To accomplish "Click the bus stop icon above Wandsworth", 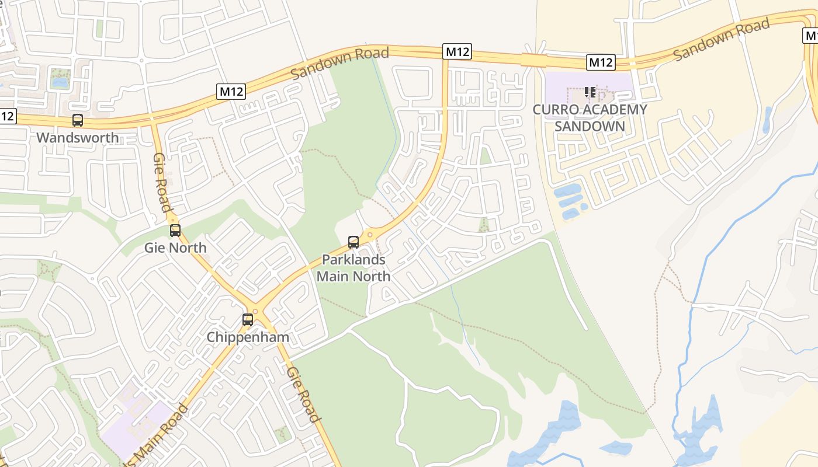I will point(77,120).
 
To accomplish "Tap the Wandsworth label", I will point(77,138).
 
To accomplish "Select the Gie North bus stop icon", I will point(175,231).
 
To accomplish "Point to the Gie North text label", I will point(175,248).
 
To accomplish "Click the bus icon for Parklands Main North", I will point(353,242).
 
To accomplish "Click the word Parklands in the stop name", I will point(353,259).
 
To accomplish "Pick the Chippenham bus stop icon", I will point(248,320).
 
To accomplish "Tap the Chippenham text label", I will point(248,337).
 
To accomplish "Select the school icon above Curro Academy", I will point(590,92).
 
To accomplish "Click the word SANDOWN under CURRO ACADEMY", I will point(590,126).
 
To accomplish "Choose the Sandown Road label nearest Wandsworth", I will point(339,63).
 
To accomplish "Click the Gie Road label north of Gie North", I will point(162,182).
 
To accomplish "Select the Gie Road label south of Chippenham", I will point(304,395).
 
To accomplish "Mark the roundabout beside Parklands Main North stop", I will point(370,235).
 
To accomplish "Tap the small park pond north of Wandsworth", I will point(60,82).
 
